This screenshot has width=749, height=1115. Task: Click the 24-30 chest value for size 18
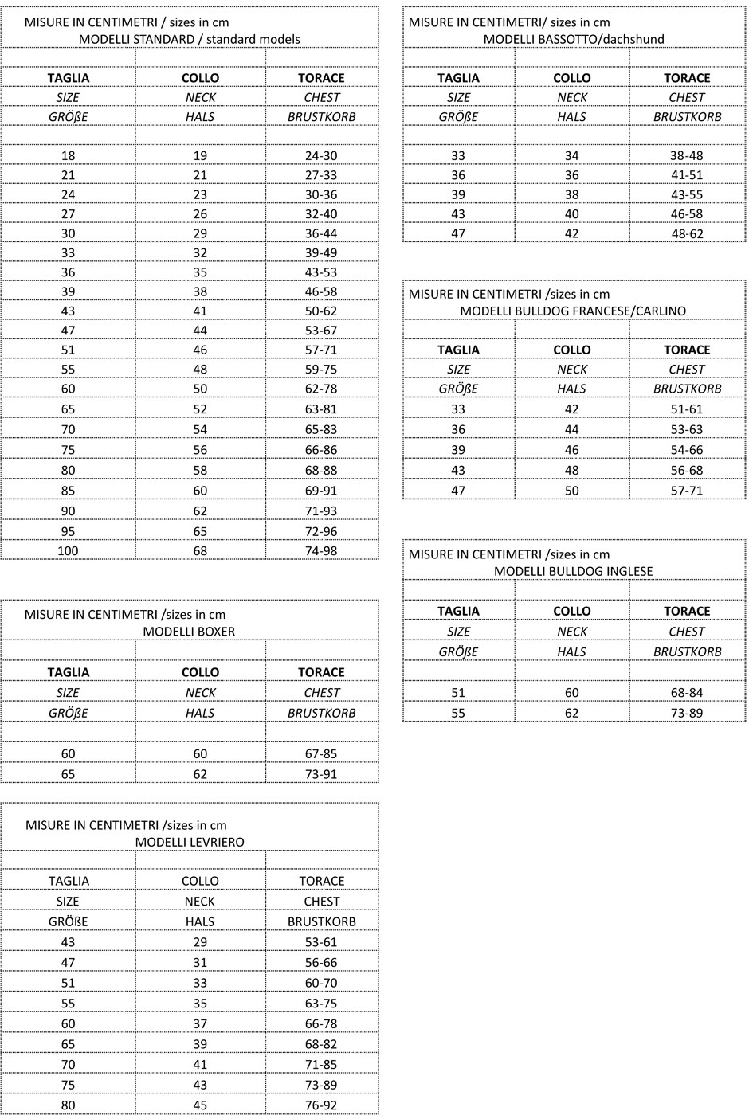(x=321, y=155)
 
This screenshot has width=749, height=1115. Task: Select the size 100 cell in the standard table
(x=68, y=550)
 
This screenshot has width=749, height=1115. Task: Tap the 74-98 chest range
(x=321, y=550)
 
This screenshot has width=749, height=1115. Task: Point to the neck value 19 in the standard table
(x=200, y=155)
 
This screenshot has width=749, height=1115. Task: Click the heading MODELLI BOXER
(x=189, y=632)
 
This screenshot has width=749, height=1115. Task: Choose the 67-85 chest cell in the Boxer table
(x=321, y=753)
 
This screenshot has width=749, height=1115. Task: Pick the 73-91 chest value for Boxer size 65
(x=321, y=773)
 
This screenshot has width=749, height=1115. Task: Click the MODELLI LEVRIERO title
(x=190, y=842)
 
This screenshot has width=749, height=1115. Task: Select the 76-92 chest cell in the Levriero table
(x=321, y=1105)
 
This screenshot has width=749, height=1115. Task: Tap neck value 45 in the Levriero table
(x=200, y=1105)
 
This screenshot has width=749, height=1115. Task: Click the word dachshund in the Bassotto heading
(x=637, y=39)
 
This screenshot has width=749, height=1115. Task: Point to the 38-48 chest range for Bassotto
(x=686, y=155)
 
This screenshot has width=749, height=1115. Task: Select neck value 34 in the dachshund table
(x=571, y=155)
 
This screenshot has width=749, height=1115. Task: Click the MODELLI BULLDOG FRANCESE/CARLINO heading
(x=573, y=311)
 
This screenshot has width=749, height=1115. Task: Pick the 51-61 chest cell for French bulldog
(x=686, y=409)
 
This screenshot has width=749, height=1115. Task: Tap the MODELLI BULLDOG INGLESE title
(x=573, y=571)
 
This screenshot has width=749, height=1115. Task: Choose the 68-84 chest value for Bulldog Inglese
(x=686, y=692)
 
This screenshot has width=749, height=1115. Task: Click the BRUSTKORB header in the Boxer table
(x=321, y=713)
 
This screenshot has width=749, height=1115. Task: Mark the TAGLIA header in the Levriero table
(x=69, y=881)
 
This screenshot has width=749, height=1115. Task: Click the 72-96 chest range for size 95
(x=321, y=531)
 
